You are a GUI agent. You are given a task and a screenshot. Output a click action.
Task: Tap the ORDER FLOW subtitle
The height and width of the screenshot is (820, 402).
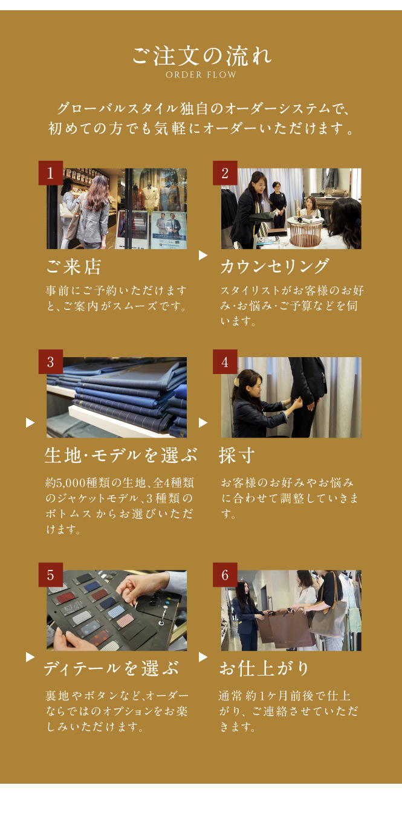coord(201,75)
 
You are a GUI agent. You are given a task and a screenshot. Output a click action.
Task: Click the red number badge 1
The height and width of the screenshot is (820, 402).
coord(51,173)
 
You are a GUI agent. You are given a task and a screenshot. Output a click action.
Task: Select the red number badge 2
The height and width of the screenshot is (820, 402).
coord(225,173)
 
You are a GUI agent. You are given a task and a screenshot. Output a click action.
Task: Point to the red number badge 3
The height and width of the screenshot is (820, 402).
coord(51,362)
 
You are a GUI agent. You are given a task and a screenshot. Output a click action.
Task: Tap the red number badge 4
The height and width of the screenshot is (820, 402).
coord(225,362)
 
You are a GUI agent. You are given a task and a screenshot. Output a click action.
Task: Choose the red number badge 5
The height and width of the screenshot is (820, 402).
coord(51,575)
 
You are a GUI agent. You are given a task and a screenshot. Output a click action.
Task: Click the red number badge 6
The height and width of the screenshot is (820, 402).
coord(225,575)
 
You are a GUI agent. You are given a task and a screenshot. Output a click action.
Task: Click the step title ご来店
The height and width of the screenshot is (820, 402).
coord(73,266)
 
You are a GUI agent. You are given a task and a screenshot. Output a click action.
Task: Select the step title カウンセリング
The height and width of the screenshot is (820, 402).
coord(274,266)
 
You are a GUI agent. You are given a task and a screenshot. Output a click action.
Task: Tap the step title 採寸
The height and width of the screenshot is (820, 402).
coord(236,456)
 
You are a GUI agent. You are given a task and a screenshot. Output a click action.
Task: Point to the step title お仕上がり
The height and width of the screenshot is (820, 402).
coord(264,668)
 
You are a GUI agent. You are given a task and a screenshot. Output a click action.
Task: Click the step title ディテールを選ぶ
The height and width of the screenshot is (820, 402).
coord(111,668)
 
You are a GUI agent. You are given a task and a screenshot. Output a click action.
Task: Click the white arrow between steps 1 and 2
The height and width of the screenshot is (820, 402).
coord(203,255)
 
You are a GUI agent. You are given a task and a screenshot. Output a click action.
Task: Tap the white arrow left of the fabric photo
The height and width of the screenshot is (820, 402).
coord(30,423)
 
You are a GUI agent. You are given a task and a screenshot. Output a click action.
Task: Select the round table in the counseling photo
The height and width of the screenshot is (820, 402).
coord(305,230)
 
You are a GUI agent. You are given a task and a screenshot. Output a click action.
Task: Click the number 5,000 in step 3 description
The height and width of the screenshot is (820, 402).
coord(71,483)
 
